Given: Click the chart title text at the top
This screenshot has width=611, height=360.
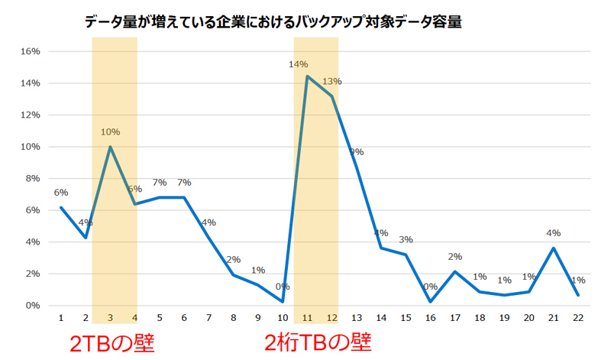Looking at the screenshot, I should pyautogui.click(x=274, y=23).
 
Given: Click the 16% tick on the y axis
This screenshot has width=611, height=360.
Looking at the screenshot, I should pyautogui.click(x=30, y=51).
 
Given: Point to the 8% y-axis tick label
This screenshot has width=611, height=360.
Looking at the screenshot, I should pyautogui.click(x=32, y=178).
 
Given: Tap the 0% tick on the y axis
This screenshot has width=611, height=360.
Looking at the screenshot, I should pyautogui.click(x=32, y=305).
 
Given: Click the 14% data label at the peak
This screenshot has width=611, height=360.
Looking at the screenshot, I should pyautogui.click(x=298, y=64).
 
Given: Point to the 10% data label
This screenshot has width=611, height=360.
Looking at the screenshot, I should pyautogui.click(x=111, y=131).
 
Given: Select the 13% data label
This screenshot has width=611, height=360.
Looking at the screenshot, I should pyautogui.click(x=332, y=81).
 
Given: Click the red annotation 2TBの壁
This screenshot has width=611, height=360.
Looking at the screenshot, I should pyautogui.click(x=112, y=342).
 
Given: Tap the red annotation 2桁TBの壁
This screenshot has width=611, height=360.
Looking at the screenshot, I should pyautogui.click(x=318, y=342).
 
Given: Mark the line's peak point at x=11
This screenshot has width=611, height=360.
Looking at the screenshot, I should pyautogui.click(x=307, y=76).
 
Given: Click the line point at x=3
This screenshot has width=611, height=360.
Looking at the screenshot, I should pyautogui.click(x=111, y=147).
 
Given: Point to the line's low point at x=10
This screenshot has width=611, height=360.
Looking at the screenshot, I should pyautogui.click(x=283, y=302).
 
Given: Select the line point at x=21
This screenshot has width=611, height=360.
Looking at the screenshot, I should pyautogui.click(x=554, y=248).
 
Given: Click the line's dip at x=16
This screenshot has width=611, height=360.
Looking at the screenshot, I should pyautogui.click(x=431, y=302).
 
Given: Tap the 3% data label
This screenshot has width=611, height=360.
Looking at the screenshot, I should pyautogui.click(x=404, y=241).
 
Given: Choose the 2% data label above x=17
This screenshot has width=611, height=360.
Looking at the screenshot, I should pyautogui.click(x=454, y=257).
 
